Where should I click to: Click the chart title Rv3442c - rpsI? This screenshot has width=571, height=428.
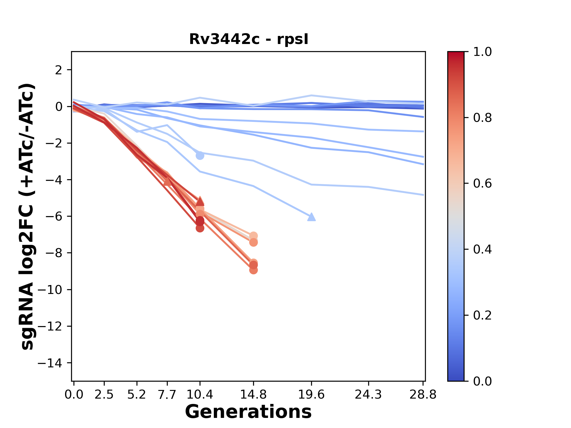249,39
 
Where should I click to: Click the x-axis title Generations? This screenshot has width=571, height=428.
248,412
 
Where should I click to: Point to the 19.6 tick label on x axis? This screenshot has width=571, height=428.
311,394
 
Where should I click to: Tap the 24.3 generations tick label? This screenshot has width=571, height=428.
368,394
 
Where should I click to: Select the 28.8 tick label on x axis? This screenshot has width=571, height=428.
423,394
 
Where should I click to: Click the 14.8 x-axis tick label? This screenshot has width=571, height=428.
253,394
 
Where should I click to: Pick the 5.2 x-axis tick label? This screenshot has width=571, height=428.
137,394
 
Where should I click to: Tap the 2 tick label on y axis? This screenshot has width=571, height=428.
59,70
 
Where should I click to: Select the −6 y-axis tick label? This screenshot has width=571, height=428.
54,216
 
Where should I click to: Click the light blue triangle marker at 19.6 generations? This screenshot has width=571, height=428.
311,217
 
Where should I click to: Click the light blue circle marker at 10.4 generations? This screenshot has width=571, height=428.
200,155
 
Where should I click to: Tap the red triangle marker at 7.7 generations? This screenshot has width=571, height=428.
167,181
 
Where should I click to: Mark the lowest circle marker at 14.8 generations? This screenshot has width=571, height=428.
253,270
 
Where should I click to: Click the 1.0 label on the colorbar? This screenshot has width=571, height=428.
482,52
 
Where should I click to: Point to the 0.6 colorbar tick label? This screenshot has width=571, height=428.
482,184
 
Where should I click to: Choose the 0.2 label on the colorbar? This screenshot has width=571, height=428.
482,315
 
